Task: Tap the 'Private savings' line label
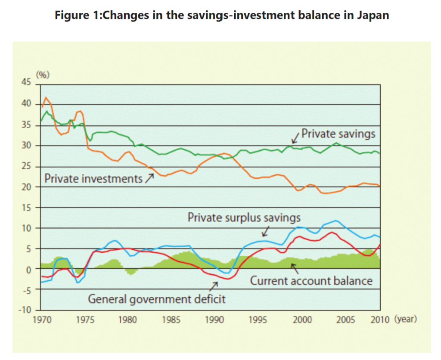338,133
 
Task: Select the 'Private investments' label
93,178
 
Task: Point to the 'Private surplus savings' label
244,217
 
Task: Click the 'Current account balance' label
311,281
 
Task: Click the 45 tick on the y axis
27,83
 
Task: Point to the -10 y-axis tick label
25,310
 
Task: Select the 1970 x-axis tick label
41,320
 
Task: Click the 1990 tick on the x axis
214,320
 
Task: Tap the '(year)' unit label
405,320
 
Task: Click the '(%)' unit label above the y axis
43,75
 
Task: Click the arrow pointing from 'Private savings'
295,138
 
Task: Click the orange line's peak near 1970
46,98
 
